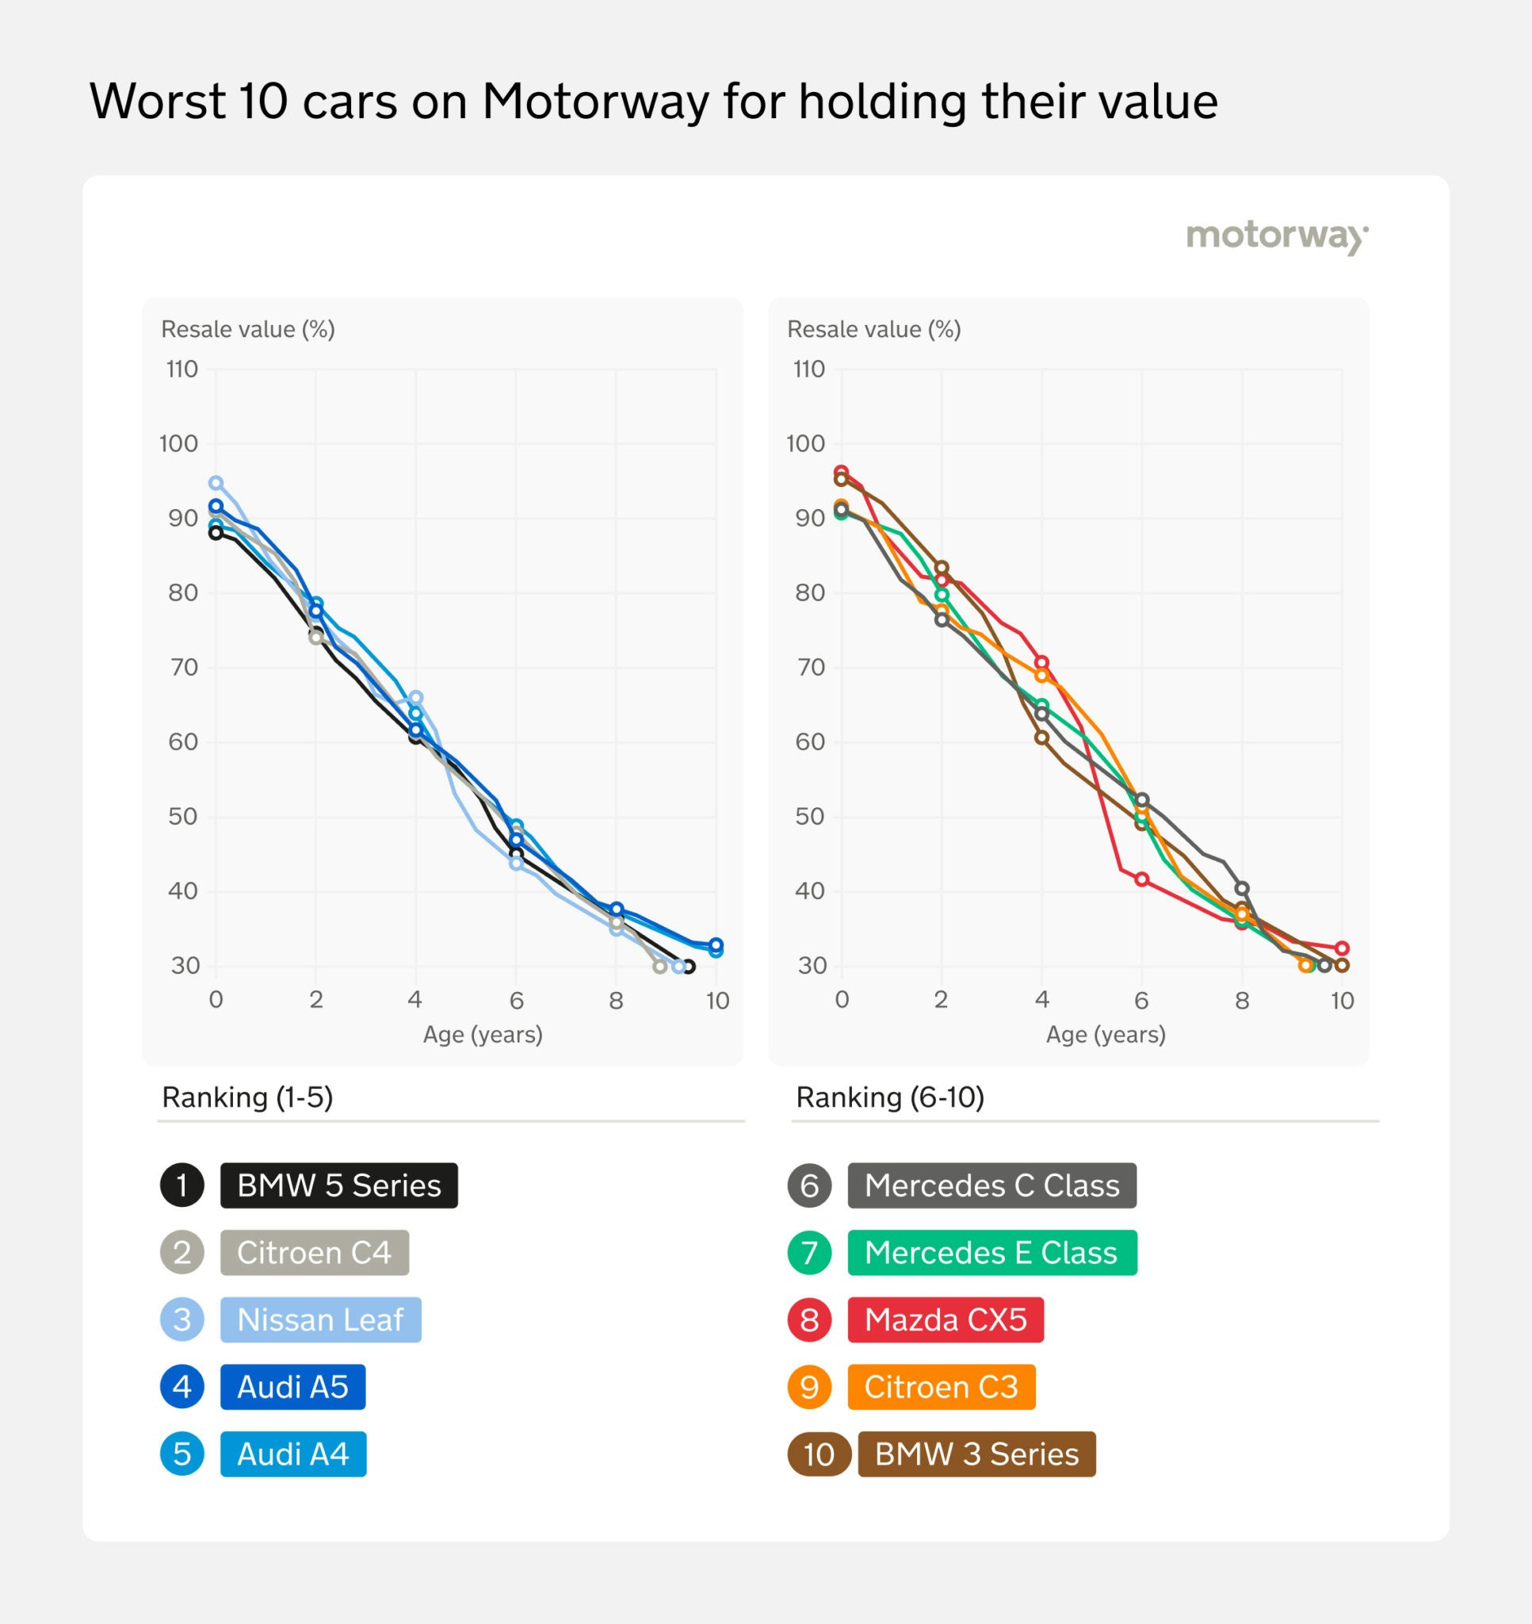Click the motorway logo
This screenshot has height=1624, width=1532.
tap(1276, 236)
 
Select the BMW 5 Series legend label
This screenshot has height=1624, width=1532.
tap(339, 1185)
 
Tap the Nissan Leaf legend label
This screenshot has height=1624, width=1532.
tap(320, 1319)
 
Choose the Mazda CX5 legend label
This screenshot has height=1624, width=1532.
tap(945, 1319)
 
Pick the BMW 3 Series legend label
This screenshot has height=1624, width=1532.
tap(976, 1454)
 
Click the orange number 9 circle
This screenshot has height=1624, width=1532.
tap(809, 1387)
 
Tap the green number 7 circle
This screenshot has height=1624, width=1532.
tap(809, 1252)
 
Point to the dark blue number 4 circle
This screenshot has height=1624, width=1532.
tap(182, 1387)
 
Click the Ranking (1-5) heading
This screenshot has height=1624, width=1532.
tap(247, 1097)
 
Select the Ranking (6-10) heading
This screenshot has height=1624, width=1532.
tap(889, 1097)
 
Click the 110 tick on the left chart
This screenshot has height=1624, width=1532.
tap(182, 370)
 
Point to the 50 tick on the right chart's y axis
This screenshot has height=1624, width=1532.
tap(809, 816)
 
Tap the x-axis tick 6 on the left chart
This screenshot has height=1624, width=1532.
tap(516, 1001)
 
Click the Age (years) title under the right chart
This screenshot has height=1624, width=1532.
tap(1105, 1034)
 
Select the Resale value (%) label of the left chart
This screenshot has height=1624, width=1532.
tap(247, 329)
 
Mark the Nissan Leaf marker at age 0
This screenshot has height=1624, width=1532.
tap(216, 484)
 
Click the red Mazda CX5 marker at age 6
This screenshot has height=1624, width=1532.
tap(1141, 879)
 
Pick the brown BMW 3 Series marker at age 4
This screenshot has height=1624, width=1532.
tap(1041, 737)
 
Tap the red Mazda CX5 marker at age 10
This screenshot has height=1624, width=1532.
tap(1342, 948)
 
